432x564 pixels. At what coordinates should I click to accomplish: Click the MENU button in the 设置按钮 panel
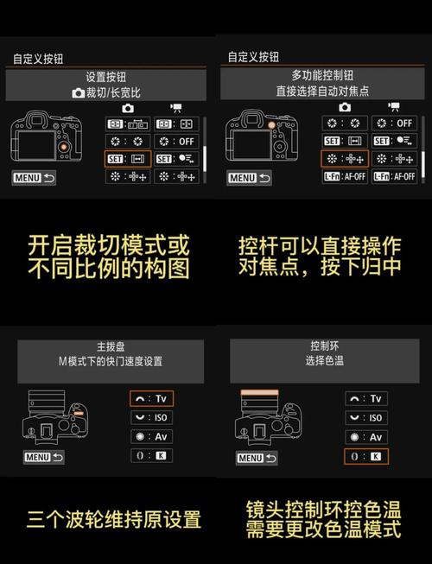coord(33,178)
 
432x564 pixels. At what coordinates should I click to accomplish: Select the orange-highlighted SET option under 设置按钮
coord(128,159)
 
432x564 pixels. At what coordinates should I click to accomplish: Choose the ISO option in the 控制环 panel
coord(366,418)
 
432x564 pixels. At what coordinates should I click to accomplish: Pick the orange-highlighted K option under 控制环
coord(366,456)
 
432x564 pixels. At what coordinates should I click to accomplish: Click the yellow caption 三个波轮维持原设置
coord(113,519)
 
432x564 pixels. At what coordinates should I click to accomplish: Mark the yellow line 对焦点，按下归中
coord(319,266)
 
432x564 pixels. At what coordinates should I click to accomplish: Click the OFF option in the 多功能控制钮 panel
coord(394,123)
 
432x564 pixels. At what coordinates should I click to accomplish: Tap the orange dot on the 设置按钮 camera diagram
coord(63,148)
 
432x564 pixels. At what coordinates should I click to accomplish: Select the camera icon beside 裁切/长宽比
coord(79,92)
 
